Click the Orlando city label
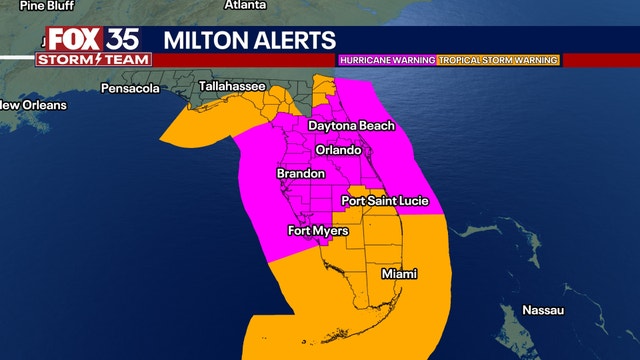[x=337, y=150]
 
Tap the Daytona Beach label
[x=351, y=126]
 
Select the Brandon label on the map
[x=300, y=174]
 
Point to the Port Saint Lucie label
[x=385, y=201]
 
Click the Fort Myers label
[x=317, y=231]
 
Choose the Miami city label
[x=399, y=274]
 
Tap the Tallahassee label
[x=232, y=87]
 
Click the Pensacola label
[x=130, y=89]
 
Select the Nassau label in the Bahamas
[x=542, y=311]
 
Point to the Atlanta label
[x=244, y=5]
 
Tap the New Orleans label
[x=33, y=105]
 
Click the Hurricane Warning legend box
[x=387, y=60]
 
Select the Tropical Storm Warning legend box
[x=497, y=60]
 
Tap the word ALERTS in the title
[x=298, y=40]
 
